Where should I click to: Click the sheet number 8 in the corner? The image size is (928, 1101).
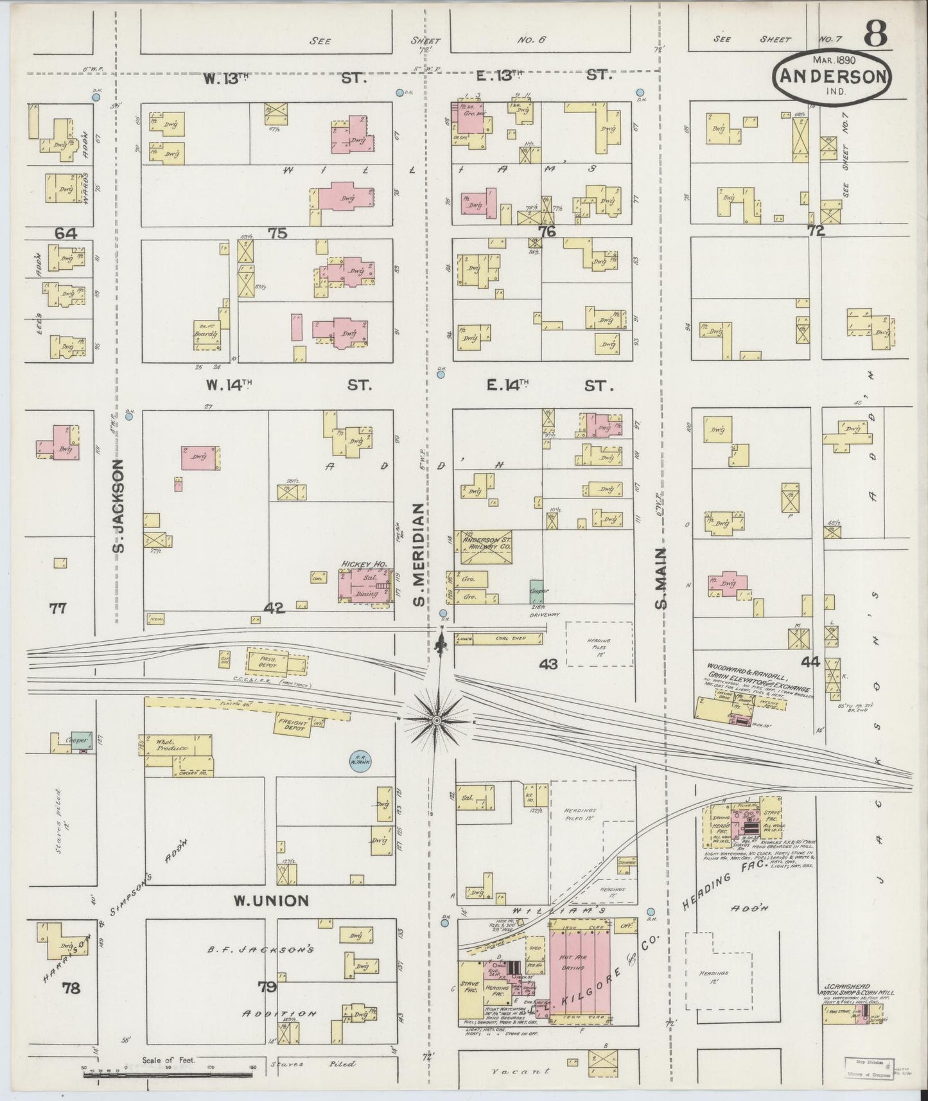click(876, 33)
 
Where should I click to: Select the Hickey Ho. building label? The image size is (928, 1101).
click(363, 564)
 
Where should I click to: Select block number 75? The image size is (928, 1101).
click(277, 233)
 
